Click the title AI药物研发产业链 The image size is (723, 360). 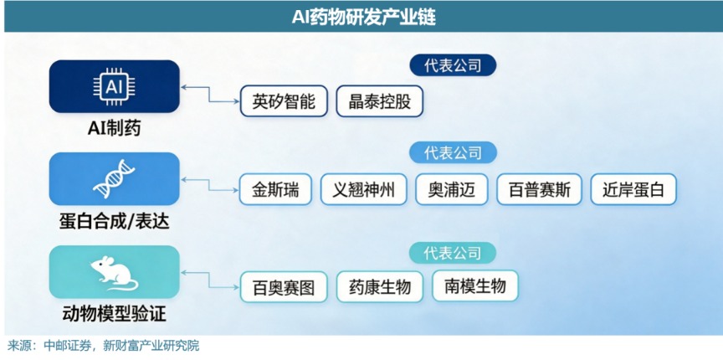[x=364, y=18]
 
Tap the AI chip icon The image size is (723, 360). [x=114, y=86]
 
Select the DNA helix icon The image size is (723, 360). [x=114, y=178]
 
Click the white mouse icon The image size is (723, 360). [x=114, y=272]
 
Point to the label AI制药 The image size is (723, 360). [x=114, y=129]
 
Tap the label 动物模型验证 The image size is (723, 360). [x=114, y=316]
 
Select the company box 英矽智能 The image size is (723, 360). [x=284, y=101]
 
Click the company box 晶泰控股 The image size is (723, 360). [x=379, y=101]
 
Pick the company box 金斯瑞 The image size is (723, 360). [x=275, y=189]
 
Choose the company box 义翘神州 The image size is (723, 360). [x=364, y=189]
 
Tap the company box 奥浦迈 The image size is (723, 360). [x=451, y=189]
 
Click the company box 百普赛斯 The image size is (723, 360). [x=540, y=189]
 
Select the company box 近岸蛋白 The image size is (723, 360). [x=633, y=189]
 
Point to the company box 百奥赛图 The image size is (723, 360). [x=284, y=287]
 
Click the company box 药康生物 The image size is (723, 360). [x=379, y=287]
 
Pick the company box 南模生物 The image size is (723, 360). [x=475, y=286]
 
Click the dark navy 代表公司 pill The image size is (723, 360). [x=453, y=65]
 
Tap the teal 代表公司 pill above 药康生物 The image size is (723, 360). [x=453, y=253]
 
